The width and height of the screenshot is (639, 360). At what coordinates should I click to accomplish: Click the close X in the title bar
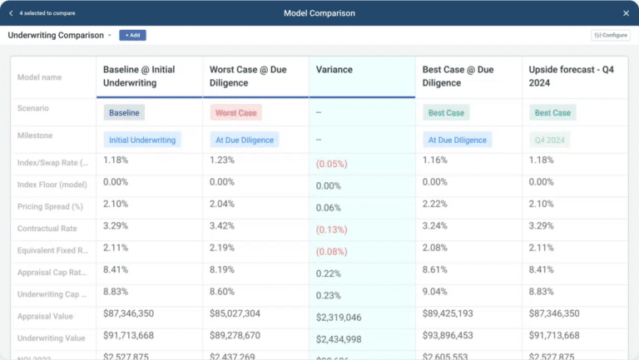point(626,13)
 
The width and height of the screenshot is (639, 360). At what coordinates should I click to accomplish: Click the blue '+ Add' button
point(132,35)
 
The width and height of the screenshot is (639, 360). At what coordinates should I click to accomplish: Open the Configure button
point(611,35)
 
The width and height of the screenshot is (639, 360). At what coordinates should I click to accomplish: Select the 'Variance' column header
point(334,70)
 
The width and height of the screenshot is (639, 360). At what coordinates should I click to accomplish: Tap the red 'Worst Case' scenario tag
point(236,112)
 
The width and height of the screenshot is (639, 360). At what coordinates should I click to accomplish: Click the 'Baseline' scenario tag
point(125,112)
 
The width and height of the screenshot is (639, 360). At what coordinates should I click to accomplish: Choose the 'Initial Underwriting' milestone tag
point(142,140)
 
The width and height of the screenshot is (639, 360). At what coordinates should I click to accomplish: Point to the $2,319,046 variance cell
point(339,318)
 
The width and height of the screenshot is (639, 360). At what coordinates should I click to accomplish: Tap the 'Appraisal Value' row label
point(47,315)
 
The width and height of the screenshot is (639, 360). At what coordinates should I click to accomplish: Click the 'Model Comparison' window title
point(319,13)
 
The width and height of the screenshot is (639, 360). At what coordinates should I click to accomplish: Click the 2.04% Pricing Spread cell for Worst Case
point(223,205)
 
